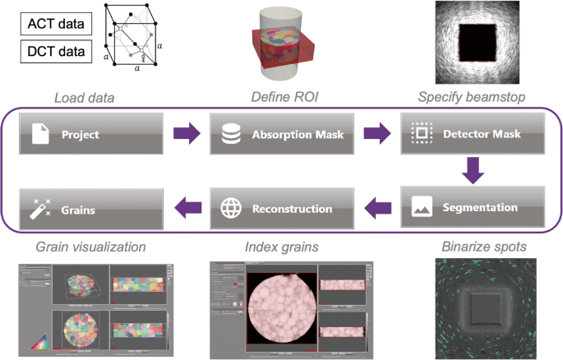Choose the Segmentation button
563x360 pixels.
[x=473, y=207]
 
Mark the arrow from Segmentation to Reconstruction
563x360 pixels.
[x=377, y=207]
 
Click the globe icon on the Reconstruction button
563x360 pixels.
[x=229, y=207]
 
